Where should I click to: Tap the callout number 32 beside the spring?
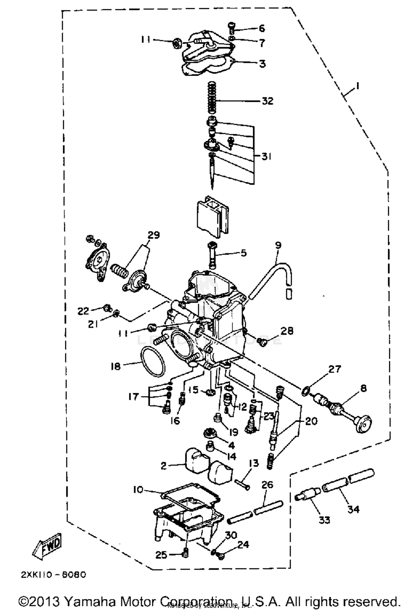tap(267, 101)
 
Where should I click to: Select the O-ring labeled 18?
tap(153, 362)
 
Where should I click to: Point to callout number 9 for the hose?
tap(278, 245)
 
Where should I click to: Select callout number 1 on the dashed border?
tap(357, 86)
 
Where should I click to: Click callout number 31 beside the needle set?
tap(266, 156)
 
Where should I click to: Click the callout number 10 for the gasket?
tap(138, 490)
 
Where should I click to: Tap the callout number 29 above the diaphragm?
tap(154, 235)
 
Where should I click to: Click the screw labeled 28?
tap(262, 342)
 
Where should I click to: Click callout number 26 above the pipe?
tap(267, 485)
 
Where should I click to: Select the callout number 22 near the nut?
tap(83, 311)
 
